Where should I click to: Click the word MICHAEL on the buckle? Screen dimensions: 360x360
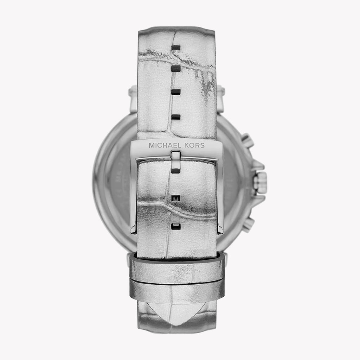coord(163,145)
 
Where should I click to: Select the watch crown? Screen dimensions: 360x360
coord(261,183)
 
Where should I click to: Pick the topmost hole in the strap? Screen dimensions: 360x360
coord(176,47)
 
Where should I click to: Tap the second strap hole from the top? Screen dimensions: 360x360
coord(176,69)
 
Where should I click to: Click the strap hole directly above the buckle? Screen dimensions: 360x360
coord(176,117)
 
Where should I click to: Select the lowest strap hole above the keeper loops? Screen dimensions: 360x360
coord(176,226)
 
